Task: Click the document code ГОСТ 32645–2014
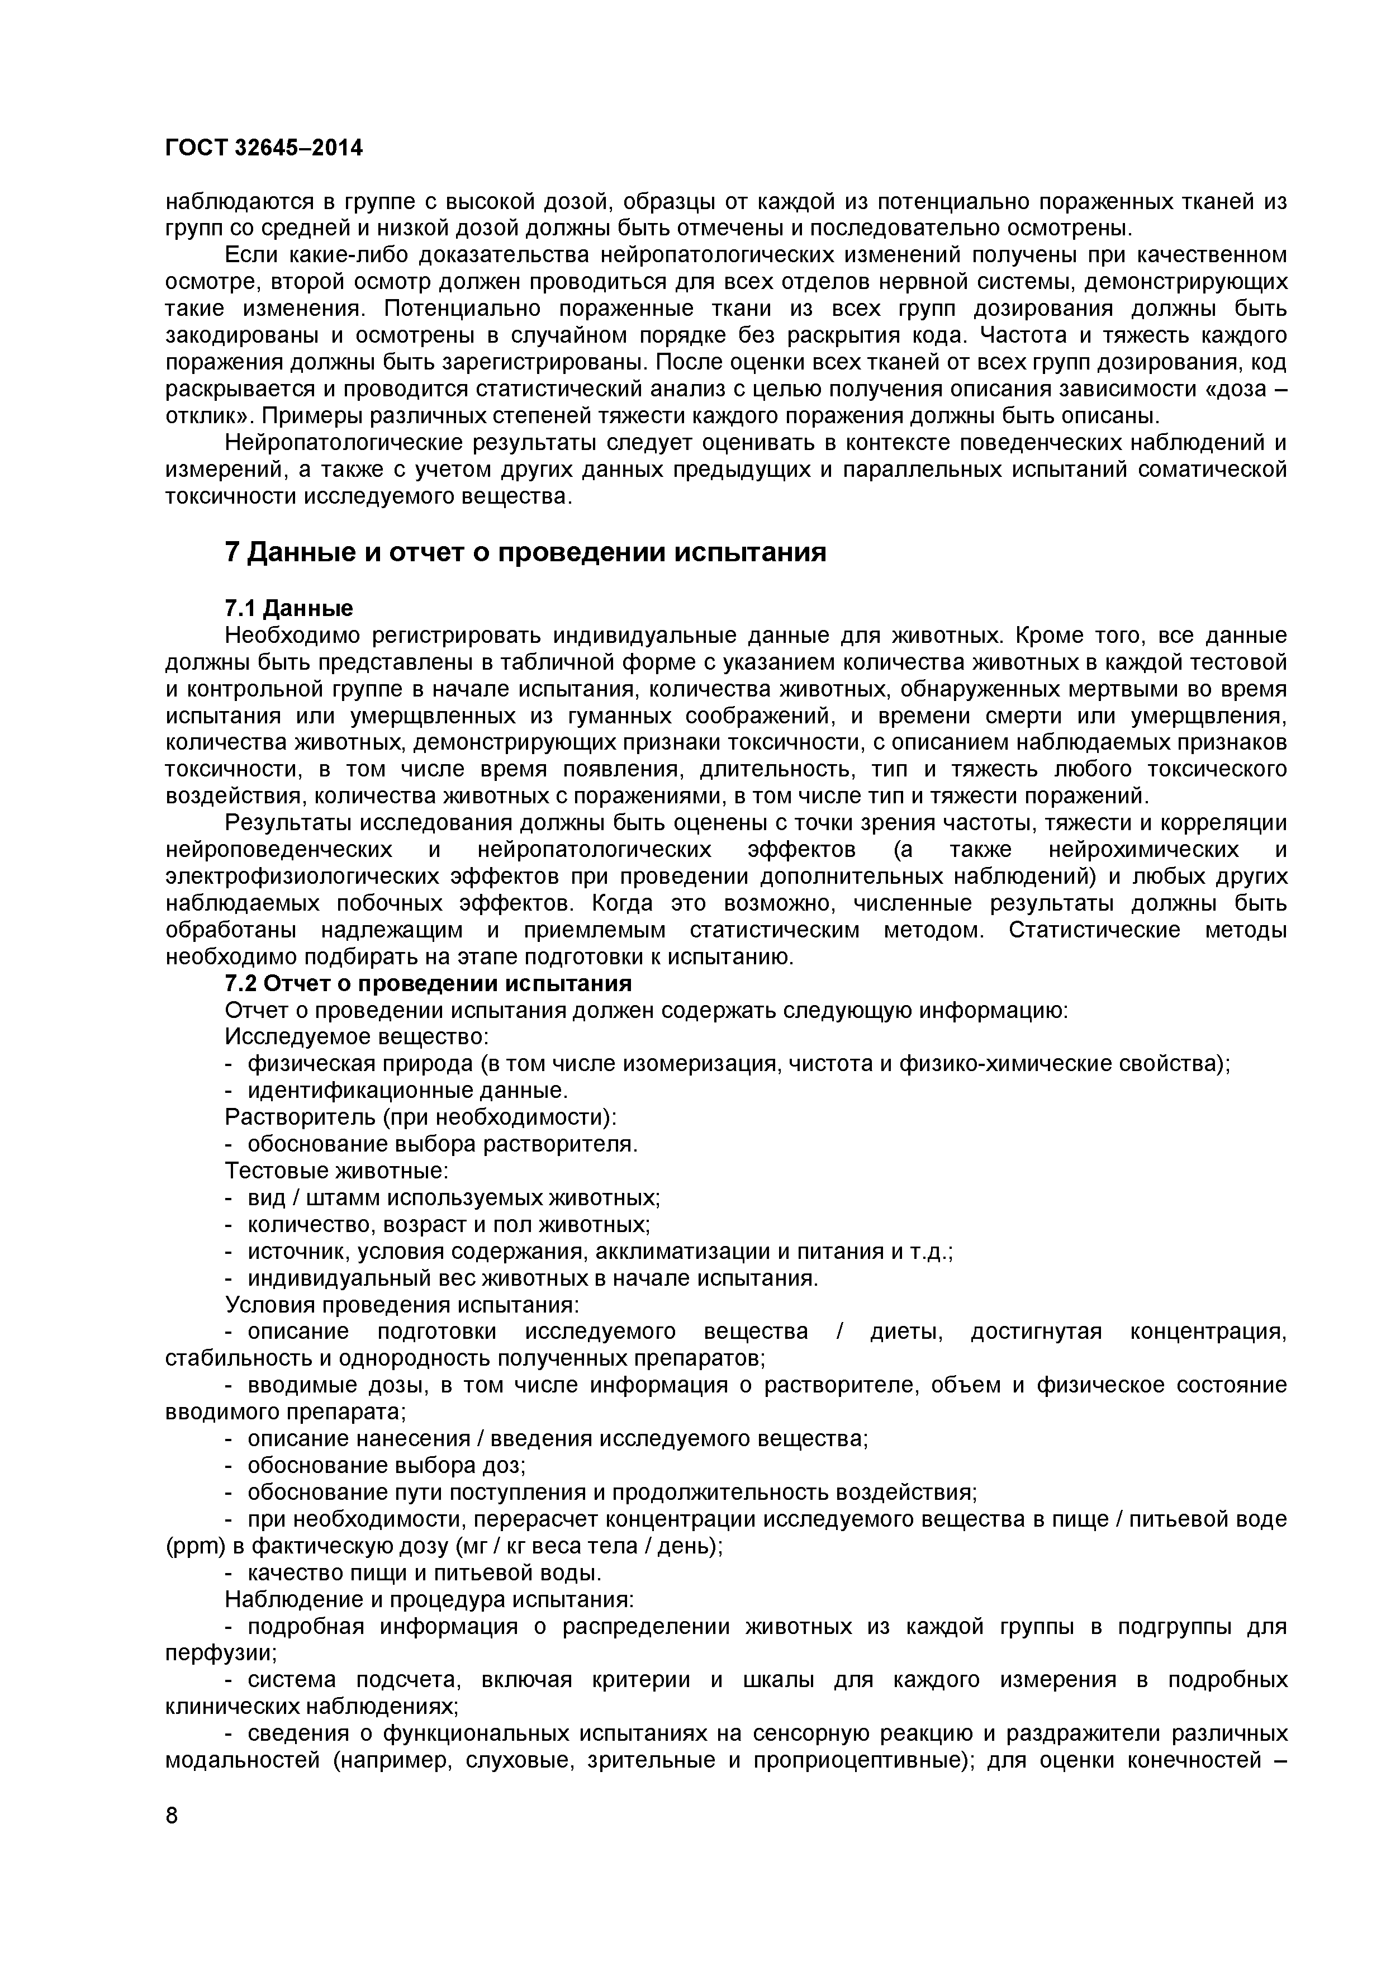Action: [x=263, y=148]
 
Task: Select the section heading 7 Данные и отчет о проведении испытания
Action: [x=525, y=553]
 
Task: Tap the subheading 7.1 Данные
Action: [x=288, y=608]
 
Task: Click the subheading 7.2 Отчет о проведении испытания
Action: [x=428, y=984]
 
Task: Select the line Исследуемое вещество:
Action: [x=356, y=1037]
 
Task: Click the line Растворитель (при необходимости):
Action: [x=420, y=1117]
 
